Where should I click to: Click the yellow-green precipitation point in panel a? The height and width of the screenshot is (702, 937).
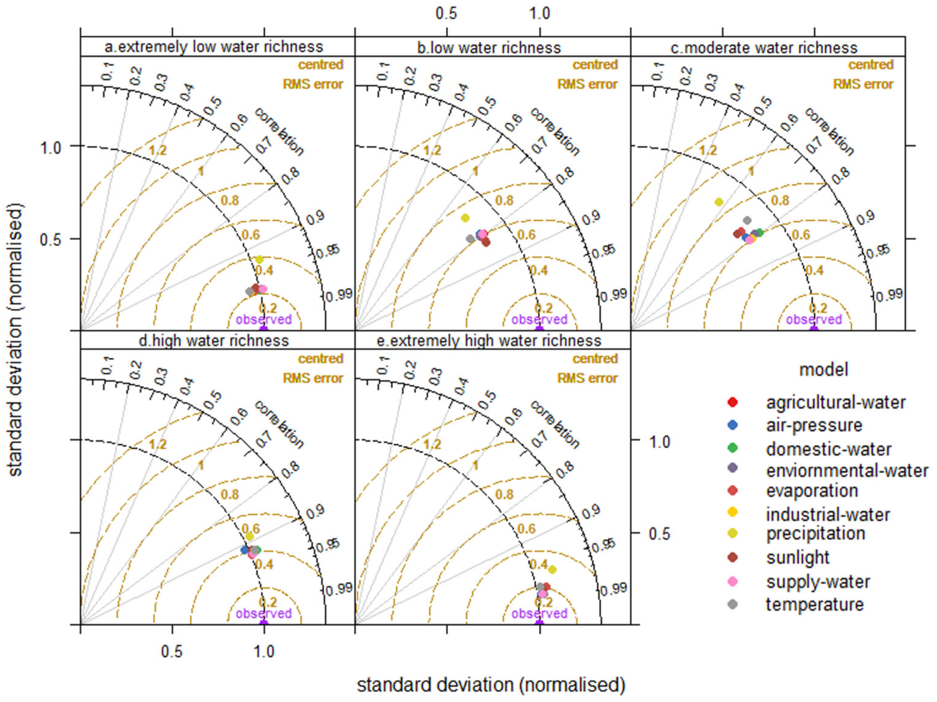click(259, 259)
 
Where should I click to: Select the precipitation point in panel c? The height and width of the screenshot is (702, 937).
click(719, 202)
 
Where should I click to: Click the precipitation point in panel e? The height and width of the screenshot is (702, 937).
click(552, 570)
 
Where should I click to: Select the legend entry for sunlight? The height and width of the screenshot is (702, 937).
click(798, 558)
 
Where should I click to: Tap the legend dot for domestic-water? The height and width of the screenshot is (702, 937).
click(732, 448)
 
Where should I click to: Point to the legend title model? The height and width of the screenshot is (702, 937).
click(823, 370)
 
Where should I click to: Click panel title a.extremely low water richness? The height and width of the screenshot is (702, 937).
click(214, 47)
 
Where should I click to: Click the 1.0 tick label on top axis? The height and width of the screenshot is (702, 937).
click(540, 14)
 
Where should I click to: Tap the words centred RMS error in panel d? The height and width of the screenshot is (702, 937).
click(313, 368)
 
